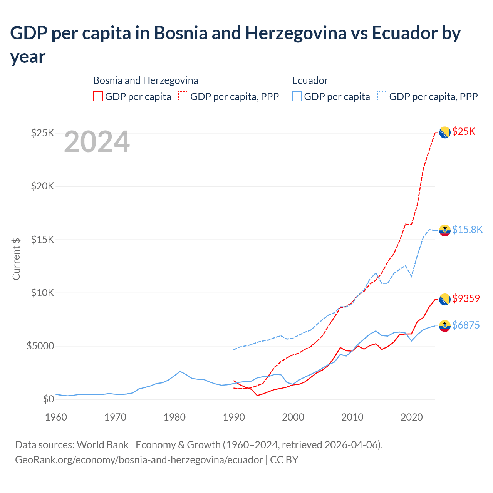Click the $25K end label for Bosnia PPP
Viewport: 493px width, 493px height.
(x=464, y=132)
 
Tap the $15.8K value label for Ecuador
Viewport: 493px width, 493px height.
(x=467, y=230)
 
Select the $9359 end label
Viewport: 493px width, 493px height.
(x=466, y=298)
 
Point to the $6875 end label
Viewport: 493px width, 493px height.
(x=466, y=325)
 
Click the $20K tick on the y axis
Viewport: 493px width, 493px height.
(x=43, y=186)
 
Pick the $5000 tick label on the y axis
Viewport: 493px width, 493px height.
(x=40, y=346)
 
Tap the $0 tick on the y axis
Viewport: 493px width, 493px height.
(x=48, y=399)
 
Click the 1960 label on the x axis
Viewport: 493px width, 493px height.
(x=56, y=418)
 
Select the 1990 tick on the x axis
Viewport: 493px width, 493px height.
(x=234, y=418)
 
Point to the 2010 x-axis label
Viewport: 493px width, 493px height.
(x=352, y=418)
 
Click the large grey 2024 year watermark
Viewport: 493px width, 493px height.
(x=97, y=142)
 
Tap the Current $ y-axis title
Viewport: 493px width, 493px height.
(x=16, y=259)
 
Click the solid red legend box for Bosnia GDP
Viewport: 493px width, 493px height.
(x=98, y=97)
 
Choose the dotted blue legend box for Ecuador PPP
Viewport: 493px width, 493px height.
(x=382, y=97)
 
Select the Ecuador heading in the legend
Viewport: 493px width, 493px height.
(x=310, y=80)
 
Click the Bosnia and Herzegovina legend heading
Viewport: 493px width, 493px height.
(x=146, y=80)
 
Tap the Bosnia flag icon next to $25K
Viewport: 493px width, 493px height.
(x=445, y=132)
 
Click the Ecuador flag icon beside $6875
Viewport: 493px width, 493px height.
(x=445, y=326)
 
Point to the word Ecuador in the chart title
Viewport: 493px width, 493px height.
(x=404, y=33)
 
